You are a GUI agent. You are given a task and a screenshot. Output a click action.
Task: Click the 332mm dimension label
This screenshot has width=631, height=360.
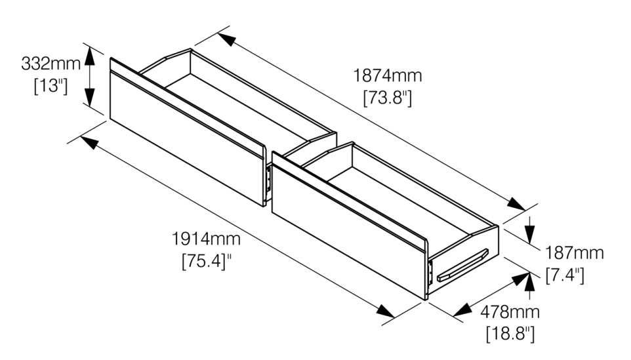coord(51,64)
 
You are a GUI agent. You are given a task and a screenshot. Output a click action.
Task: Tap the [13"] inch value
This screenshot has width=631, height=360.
coord(51,86)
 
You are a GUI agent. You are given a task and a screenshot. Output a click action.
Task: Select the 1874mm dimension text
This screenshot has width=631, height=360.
coord(388,75)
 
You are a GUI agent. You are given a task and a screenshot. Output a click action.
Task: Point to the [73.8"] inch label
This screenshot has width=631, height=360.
coord(388,98)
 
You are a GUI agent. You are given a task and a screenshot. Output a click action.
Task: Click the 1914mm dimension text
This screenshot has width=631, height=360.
coord(206,239)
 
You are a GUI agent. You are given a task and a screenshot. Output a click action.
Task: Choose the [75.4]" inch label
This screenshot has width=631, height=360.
coord(207,261)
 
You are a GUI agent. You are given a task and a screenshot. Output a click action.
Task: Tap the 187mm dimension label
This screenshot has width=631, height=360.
coord(574,253)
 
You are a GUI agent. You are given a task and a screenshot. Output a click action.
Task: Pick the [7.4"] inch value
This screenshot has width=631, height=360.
coord(565,275)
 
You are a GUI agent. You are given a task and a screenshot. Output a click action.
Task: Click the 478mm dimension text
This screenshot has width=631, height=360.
coord(510,311)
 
